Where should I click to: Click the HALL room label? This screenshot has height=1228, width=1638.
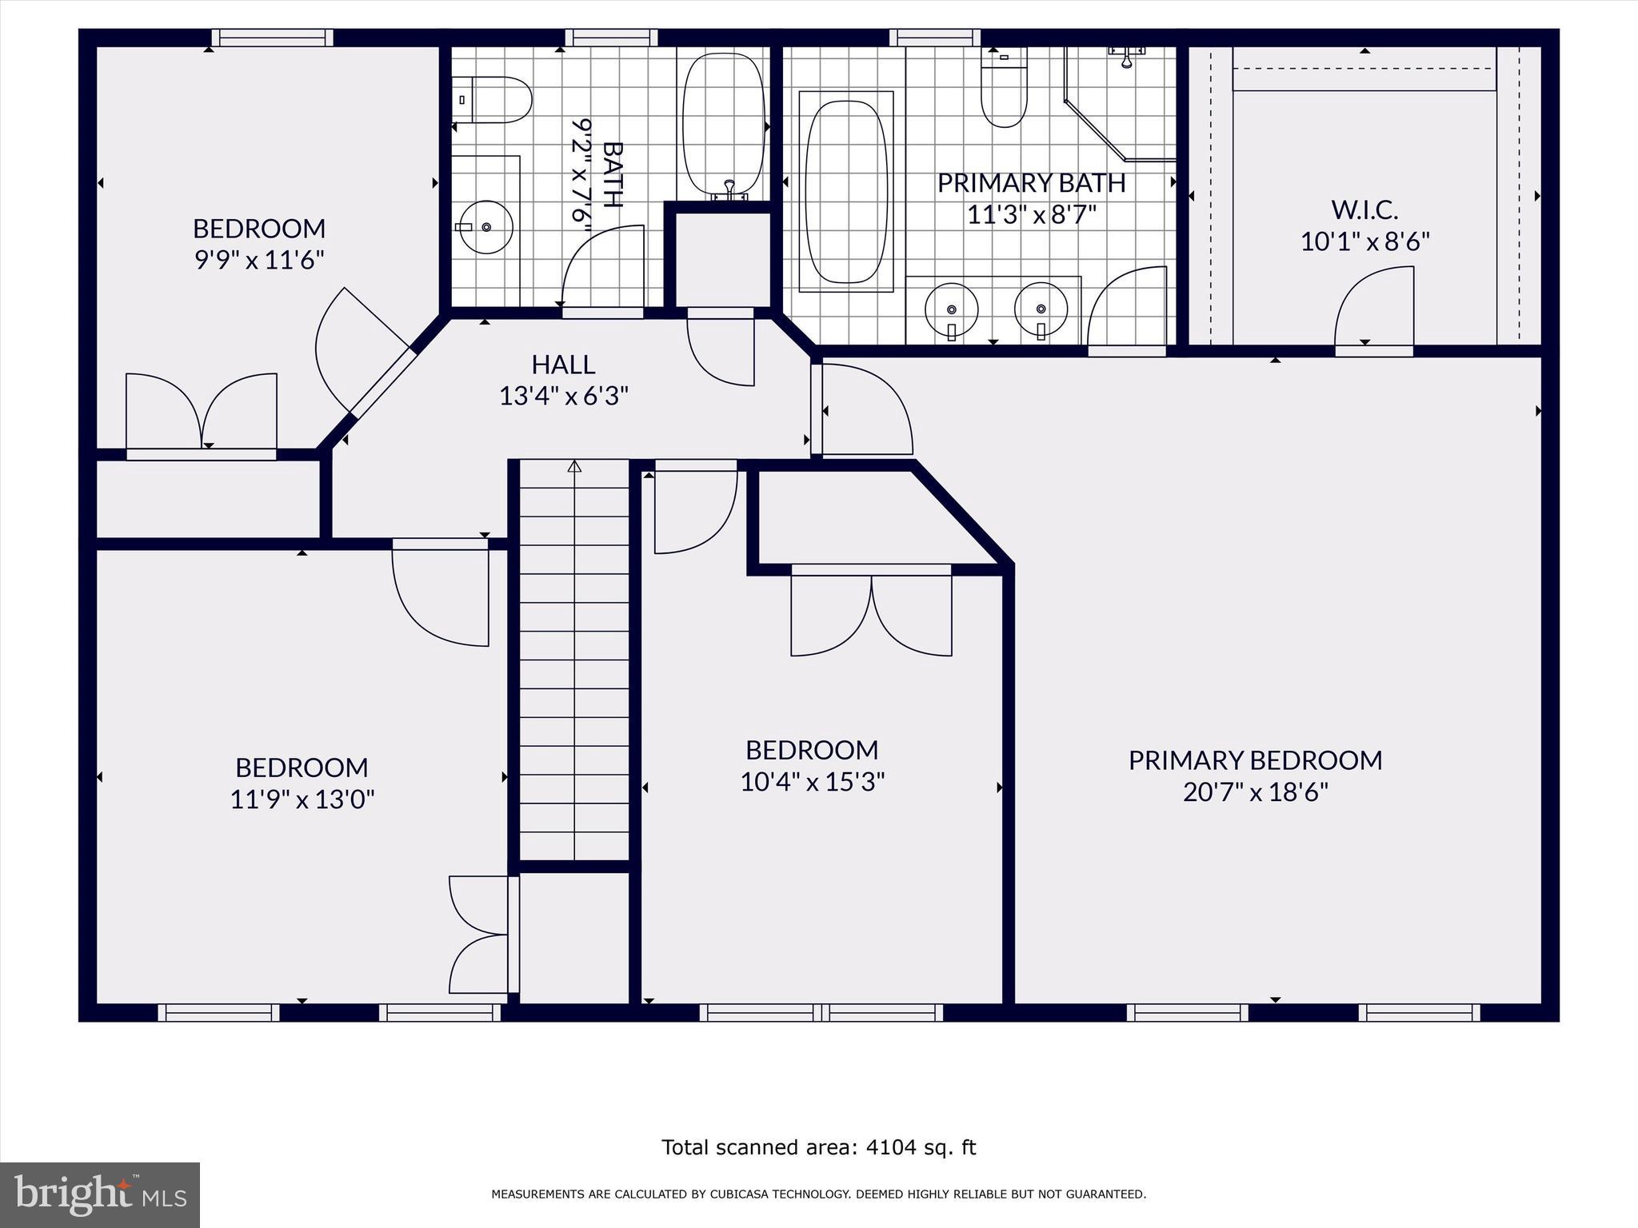tap(564, 365)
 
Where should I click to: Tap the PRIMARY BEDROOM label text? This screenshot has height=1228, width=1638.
tap(1255, 760)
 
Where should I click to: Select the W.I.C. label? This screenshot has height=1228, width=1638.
tap(1364, 210)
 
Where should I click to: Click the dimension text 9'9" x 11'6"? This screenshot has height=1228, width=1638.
tap(259, 260)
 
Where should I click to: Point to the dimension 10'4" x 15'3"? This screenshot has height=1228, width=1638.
tap(812, 781)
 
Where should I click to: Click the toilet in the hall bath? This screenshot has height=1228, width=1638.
tap(492, 100)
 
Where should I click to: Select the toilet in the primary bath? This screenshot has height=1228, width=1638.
tap(1004, 88)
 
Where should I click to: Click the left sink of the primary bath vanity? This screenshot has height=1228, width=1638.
tap(952, 309)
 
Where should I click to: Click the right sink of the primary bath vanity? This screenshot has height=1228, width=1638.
tap(1041, 309)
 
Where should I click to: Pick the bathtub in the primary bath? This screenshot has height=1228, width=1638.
tap(846, 192)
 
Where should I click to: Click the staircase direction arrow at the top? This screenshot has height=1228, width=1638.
tap(574, 465)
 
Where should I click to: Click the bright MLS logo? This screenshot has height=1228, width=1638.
tap(100, 1195)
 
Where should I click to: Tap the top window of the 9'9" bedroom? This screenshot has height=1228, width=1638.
tap(273, 38)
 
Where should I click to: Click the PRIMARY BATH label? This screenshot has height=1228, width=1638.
tap(1032, 183)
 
